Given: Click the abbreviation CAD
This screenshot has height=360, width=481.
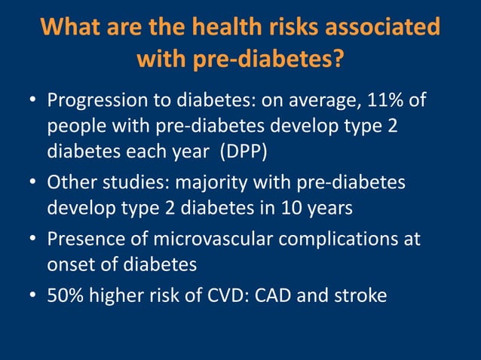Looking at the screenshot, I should pos(274,296).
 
